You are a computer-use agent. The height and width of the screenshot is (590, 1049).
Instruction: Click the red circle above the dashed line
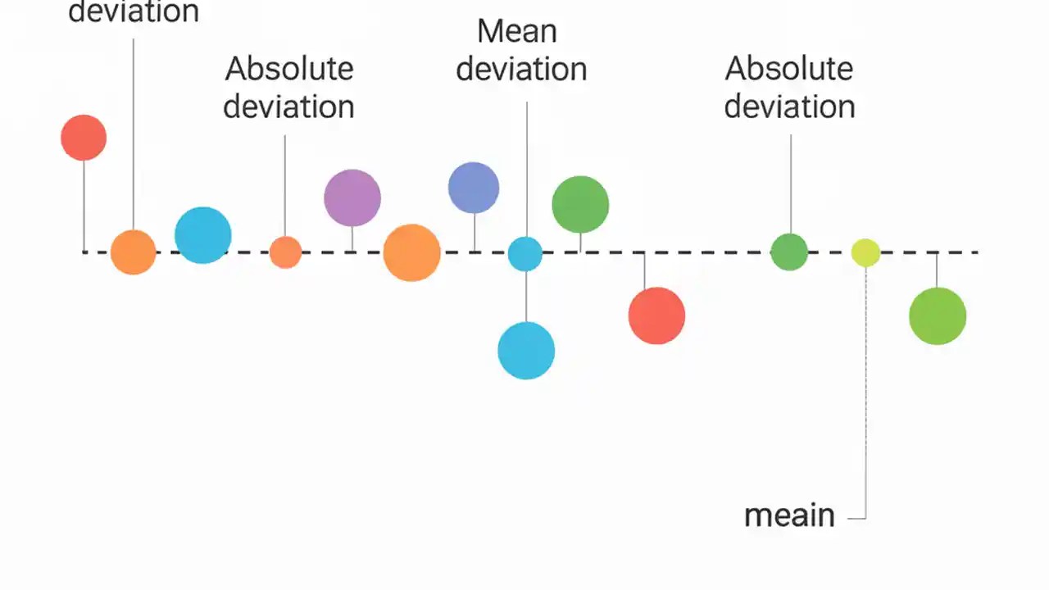84,138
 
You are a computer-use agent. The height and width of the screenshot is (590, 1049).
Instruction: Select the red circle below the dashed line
656,315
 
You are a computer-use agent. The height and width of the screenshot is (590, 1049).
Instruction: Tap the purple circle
352,197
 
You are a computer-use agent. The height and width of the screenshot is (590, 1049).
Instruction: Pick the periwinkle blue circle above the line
474,188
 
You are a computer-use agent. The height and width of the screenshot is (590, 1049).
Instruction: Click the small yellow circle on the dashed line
865,252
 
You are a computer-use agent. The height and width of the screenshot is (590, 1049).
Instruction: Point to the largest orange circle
412,252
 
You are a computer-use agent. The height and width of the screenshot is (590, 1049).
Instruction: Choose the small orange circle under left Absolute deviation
285,252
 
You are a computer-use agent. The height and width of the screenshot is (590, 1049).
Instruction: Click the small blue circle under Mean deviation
525,254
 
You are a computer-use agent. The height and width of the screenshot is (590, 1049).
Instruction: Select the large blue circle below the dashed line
526,351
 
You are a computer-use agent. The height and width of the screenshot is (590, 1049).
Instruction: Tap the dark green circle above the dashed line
580,204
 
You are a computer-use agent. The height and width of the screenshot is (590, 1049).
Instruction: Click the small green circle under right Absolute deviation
789,252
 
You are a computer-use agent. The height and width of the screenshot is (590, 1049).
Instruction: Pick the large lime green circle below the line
938,315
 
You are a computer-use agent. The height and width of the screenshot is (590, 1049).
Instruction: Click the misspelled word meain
789,515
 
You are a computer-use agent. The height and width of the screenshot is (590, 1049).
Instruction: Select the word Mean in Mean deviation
517,32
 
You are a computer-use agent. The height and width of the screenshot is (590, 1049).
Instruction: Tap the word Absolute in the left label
289,69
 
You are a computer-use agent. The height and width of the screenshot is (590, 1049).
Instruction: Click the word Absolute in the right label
789,69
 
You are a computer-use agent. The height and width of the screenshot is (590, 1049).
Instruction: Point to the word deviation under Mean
521,70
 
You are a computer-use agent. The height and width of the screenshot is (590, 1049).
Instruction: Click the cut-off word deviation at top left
134,11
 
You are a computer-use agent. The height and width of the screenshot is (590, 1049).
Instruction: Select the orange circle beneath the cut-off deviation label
134,252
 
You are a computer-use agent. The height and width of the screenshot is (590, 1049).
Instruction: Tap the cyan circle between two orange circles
203,235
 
